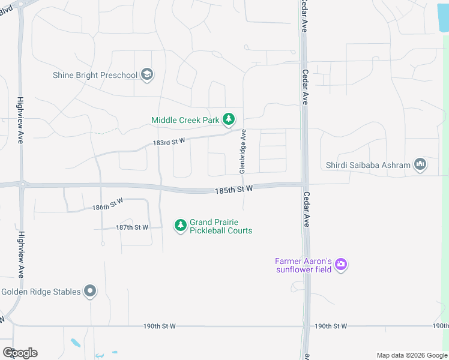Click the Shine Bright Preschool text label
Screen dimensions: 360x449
click(x=95, y=75)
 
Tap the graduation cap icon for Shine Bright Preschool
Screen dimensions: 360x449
click(x=147, y=75)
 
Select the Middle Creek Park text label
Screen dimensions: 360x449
click(x=185, y=120)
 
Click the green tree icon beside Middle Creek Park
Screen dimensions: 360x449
click(x=229, y=120)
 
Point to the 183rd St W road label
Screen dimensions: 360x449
click(x=167, y=142)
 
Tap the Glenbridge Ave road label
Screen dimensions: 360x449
click(x=243, y=151)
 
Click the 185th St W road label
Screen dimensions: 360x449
click(x=234, y=189)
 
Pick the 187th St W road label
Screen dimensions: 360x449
click(x=132, y=227)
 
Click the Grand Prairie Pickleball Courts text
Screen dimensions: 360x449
click(x=220, y=226)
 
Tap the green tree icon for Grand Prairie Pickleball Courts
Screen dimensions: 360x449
click(x=180, y=226)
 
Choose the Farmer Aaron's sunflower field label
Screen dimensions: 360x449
click(x=304, y=265)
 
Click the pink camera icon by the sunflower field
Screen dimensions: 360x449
click(x=341, y=264)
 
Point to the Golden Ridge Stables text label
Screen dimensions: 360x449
click(x=41, y=292)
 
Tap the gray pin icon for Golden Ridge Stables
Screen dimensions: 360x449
click(x=90, y=292)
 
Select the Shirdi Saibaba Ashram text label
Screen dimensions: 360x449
click(x=368, y=164)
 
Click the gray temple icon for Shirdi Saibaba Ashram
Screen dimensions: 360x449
click(x=420, y=164)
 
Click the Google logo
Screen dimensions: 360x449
click(x=20, y=353)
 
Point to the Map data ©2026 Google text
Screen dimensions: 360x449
click(x=411, y=355)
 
